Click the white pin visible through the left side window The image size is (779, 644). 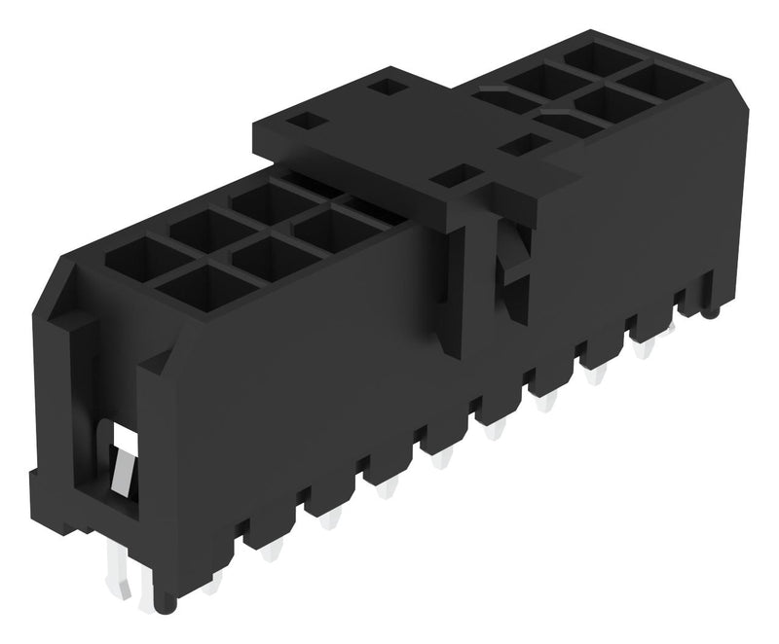tap(122, 468)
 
